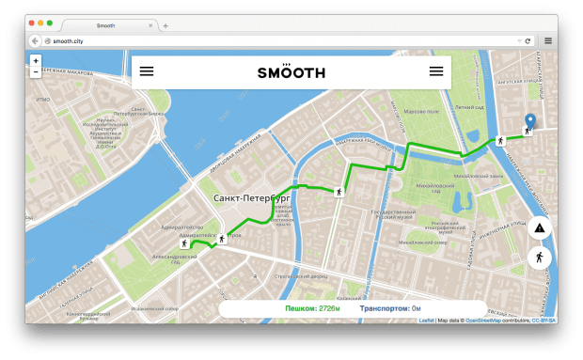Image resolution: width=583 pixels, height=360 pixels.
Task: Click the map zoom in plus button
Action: pos(36,60)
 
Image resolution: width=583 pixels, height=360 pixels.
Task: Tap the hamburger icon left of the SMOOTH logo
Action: pos(147,71)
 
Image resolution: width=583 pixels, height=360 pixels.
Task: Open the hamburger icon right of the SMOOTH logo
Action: pos(436,71)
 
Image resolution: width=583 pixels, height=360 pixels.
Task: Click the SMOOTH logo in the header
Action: pos(291,71)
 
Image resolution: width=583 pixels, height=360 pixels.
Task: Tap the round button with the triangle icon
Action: pos(540,228)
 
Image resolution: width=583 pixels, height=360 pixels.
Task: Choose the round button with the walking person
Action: pos(540,257)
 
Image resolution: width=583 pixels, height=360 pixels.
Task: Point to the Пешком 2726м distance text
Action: pos(312,308)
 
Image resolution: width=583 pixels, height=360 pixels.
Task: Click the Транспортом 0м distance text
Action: pos(389,308)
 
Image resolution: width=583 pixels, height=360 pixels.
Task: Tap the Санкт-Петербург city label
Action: pos(251,198)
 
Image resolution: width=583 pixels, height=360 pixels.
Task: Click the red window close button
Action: pos(30,23)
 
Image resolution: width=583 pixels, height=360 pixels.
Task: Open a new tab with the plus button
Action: pos(165,25)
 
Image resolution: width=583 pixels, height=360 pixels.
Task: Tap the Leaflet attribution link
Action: pos(425,321)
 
